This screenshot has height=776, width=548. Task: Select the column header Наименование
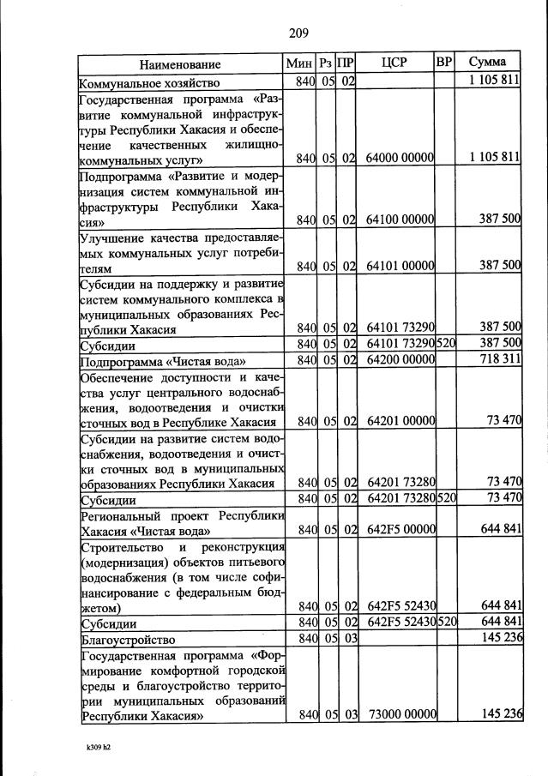pyautogui.click(x=181, y=63)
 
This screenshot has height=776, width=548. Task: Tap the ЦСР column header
pyautogui.click(x=395, y=63)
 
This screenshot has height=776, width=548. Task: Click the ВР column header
pyautogui.click(x=444, y=63)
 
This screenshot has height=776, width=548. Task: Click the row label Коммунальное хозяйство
pyautogui.click(x=150, y=83)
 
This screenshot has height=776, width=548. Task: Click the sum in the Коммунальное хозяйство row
pyautogui.click(x=495, y=82)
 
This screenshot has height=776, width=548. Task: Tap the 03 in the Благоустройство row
pyautogui.click(x=348, y=640)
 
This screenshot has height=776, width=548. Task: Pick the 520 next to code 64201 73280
pyautogui.click(x=446, y=498)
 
